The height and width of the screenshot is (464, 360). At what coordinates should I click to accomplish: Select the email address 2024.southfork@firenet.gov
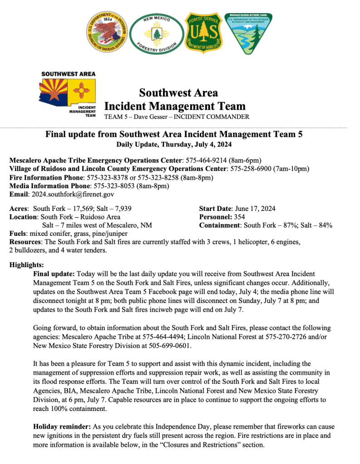pos(72,194)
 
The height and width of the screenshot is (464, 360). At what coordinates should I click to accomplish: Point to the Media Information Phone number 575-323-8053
pos(114,186)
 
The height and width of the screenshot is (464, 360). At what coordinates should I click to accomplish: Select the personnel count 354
pos(239,217)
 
